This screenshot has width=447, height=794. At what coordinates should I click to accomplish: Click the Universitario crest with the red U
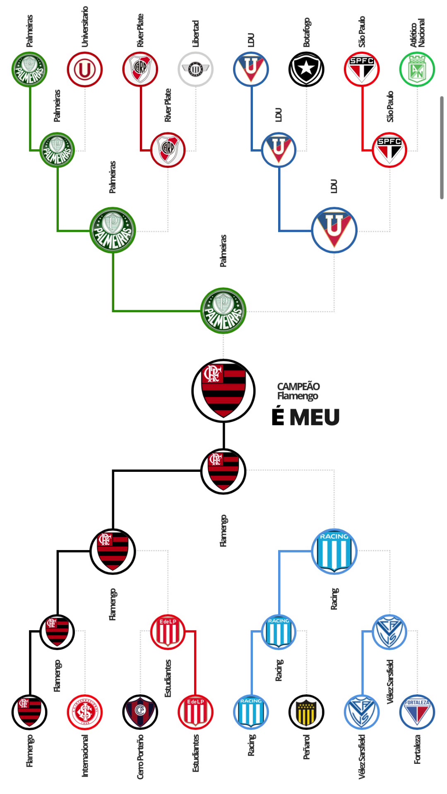[x=85, y=69]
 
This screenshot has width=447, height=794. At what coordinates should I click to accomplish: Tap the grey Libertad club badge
[x=195, y=69]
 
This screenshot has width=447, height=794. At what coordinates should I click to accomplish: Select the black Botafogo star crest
[x=306, y=69]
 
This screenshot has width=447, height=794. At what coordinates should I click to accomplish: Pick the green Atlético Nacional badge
[x=417, y=69]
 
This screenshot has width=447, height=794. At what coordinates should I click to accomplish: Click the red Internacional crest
[x=85, y=712]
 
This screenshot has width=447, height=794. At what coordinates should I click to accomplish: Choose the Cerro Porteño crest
[x=140, y=712]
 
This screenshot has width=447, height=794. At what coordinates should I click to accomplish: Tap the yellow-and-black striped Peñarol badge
[x=306, y=712]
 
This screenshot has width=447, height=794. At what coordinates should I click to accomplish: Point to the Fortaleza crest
[x=417, y=712]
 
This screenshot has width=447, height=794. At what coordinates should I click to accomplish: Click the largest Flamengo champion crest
[x=223, y=391]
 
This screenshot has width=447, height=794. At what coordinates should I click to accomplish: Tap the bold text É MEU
[x=305, y=417]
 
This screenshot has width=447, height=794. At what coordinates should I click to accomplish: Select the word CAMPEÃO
[x=298, y=386]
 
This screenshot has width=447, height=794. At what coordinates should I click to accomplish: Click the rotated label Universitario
[x=85, y=26]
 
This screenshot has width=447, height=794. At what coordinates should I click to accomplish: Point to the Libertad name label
[x=196, y=33]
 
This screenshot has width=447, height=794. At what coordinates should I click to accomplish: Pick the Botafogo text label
[x=306, y=32]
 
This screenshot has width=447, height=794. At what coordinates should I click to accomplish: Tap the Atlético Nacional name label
[x=417, y=33]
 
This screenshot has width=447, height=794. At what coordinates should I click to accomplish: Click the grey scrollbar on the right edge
[x=442, y=148]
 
